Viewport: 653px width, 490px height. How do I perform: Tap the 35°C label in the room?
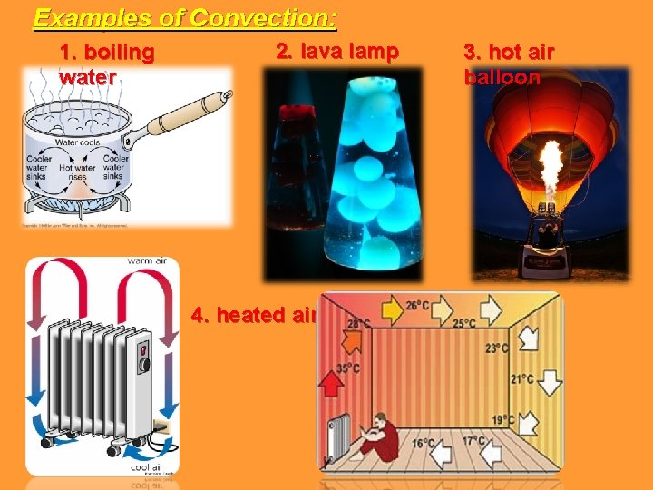coord(346,369)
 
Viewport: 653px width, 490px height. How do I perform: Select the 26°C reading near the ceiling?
coord(418,306)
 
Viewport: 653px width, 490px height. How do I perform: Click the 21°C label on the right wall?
coord(521,379)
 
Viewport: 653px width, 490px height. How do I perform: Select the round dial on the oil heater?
coord(142,365)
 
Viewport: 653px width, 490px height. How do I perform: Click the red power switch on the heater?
coord(143,345)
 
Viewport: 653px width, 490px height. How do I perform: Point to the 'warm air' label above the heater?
coord(146,261)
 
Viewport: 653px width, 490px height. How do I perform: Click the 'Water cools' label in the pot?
coord(79,142)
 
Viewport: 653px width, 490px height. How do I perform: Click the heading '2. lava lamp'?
coord(336,52)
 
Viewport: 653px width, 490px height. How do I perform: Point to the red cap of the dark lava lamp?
coord(293,113)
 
